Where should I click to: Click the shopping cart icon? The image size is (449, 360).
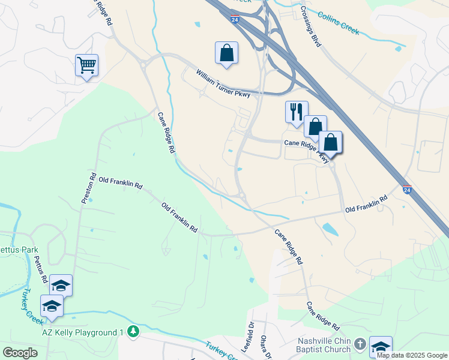tap(86, 64)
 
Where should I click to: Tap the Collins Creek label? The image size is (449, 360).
tap(338, 23)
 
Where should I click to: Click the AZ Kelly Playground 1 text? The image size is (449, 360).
tap(82, 332)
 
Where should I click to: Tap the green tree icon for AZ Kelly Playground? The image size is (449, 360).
tap(133, 331)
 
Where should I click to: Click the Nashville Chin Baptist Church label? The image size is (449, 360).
tap(324, 345)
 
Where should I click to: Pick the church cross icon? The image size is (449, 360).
tap(360, 344)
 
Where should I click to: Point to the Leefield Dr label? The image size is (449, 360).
tap(250, 338)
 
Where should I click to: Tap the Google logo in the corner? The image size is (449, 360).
tap(20, 352)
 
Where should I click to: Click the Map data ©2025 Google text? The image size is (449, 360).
tap(412, 355)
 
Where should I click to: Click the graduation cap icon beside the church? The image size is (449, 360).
tap(381, 346)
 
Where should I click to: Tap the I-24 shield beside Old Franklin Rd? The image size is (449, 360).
tap(407, 190)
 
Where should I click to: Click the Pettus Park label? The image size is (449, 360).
tap(19, 249)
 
